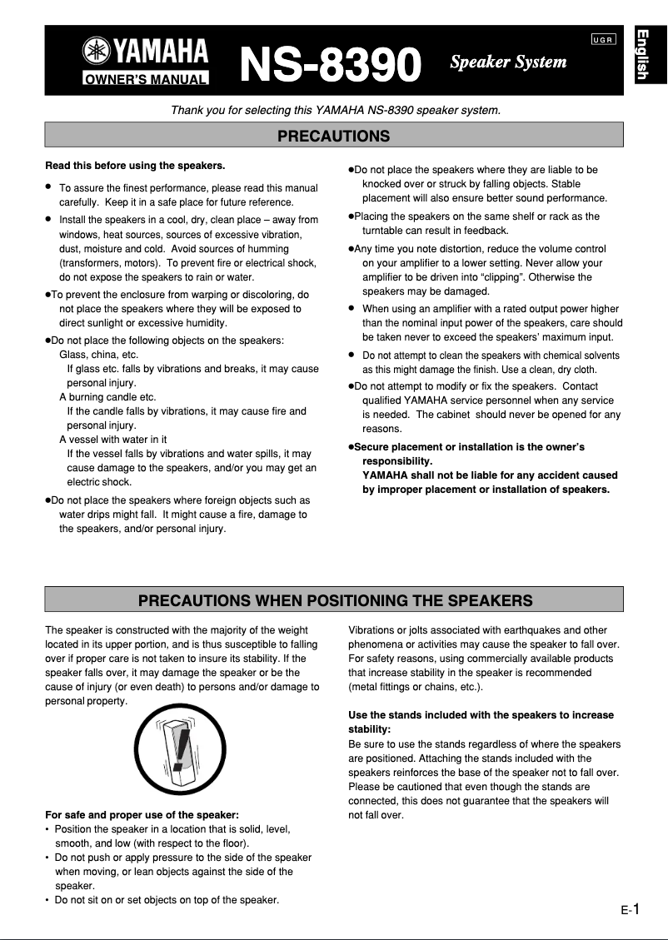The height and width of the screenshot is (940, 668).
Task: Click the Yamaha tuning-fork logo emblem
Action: click(x=96, y=53)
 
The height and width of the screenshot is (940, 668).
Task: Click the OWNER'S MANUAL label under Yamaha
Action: click(x=145, y=80)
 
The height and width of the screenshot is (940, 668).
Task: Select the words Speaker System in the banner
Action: click(x=508, y=62)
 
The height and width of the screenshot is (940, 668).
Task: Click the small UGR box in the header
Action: click(x=604, y=41)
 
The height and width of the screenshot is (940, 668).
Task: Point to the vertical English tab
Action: click(x=642, y=55)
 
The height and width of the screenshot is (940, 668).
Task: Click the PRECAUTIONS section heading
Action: click(x=333, y=135)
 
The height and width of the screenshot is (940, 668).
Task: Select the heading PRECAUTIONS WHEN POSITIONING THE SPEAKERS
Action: click(x=333, y=599)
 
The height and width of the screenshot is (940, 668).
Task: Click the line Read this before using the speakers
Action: click(x=135, y=165)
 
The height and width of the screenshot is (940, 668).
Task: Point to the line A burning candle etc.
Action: click(x=107, y=397)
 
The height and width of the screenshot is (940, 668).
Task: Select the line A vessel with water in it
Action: click(x=112, y=440)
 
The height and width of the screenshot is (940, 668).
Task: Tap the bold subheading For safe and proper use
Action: click(x=142, y=814)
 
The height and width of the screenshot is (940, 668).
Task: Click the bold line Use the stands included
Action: click(x=481, y=715)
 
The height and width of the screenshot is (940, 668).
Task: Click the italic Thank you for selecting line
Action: click(x=335, y=110)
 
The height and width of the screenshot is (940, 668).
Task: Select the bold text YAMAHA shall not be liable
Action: click(x=490, y=475)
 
